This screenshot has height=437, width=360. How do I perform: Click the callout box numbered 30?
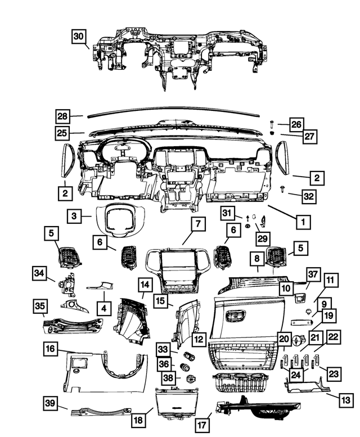(79, 36)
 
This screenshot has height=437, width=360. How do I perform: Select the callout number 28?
(64, 117)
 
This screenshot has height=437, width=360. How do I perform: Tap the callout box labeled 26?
(296, 124)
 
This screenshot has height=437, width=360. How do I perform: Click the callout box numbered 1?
(303, 222)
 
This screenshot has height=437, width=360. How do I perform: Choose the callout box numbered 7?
(198, 224)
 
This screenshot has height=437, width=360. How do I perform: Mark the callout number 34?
(39, 273)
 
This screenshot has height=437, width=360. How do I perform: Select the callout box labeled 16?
(51, 349)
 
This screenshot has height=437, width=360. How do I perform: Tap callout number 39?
(51, 402)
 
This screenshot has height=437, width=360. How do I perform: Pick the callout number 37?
(313, 274)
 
